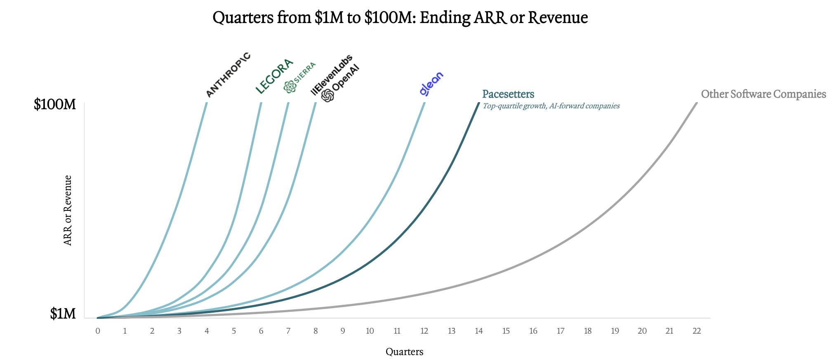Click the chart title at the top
tap(400, 18)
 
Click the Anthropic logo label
tap(228, 75)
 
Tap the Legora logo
tap(274, 76)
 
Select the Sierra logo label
tap(300, 77)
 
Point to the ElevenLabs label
tap(332, 75)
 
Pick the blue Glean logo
tap(431, 84)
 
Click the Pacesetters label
tap(508, 94)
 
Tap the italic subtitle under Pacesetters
tap(551, 106)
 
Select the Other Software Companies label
tap(763, 94)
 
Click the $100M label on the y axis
tap(55, 104)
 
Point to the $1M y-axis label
tap(63, 314)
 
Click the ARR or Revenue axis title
tap(68, 210)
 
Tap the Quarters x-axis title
tap(404, 352)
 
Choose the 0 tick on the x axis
tap(98, 331)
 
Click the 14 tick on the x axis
tap(479, 331)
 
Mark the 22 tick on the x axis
tap(697, 331)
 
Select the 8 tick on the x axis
tap(316, 331)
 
